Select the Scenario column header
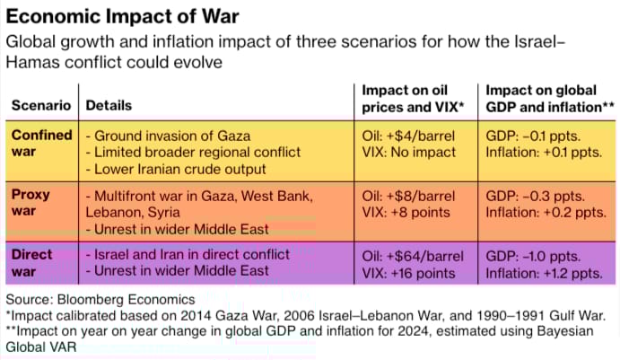pos(41,106)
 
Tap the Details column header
pos(109,106)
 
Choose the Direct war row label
pos(32,262)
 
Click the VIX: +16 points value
pos(412,273)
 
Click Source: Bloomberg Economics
pos(100,298)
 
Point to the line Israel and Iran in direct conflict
pos(192,255)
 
